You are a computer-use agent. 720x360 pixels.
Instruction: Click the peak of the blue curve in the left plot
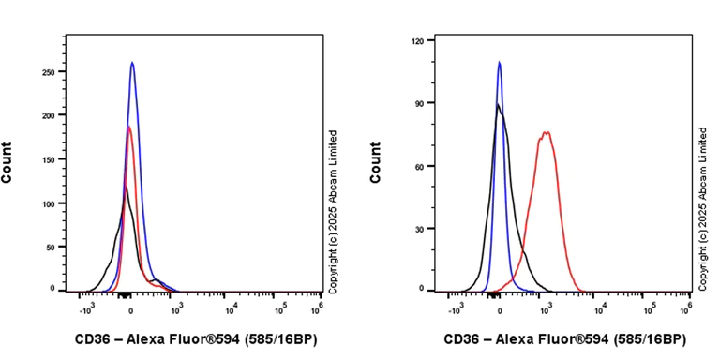pos(132,63)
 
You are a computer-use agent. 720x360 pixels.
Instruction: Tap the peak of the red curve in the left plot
pos(129,127)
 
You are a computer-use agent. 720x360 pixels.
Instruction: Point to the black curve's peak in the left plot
pos(125,187)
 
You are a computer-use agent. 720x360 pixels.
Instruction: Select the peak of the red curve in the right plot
pos(545,132)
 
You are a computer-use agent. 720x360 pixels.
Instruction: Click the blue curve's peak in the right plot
pos(500,63)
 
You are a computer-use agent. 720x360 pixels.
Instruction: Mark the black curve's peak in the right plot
pos(498,104)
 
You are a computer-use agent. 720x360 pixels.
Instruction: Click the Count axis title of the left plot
pos(7,161)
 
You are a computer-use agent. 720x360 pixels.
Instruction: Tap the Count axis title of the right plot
pos(376,161)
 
